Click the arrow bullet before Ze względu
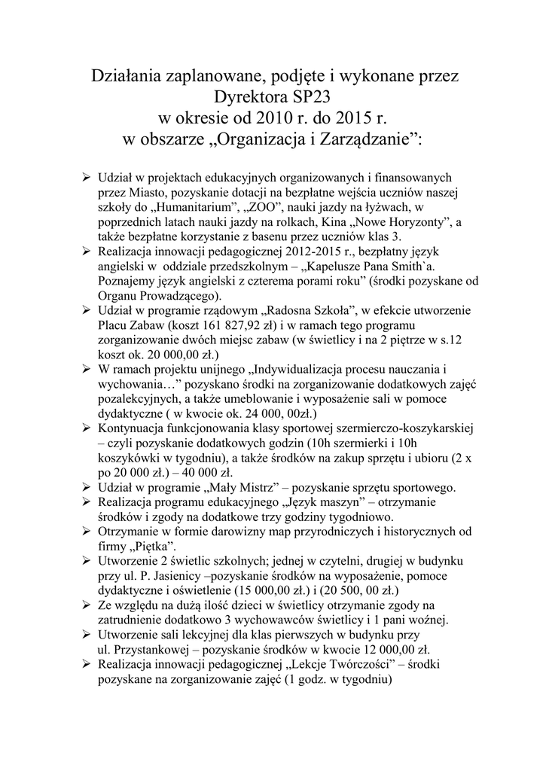coord(87,605)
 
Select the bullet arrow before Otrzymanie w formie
coord(87,532)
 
